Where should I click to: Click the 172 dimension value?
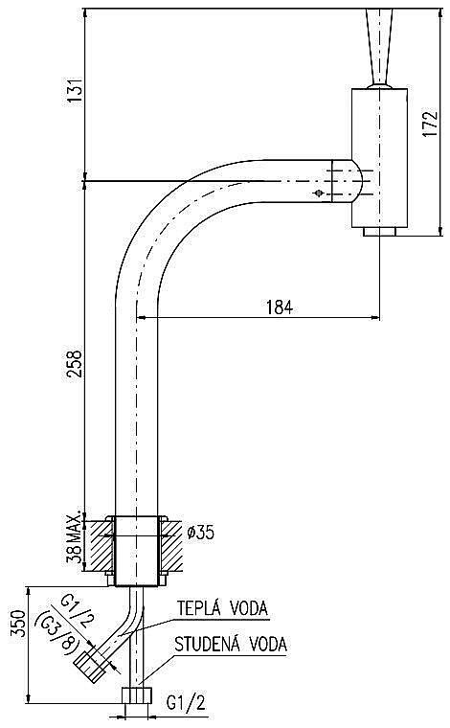pyautogui.click(x=430, y=123)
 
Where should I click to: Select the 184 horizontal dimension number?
pyautogui.click(x=280, y=307)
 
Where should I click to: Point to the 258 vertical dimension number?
pyautogui.click(x=75, y=365)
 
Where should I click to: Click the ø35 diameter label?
pyautogui.click(x=201, y=532)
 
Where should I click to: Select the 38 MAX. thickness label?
pyautogui.click(x=76, y=537)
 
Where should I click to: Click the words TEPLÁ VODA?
pyautogui.click(x=223, y=607)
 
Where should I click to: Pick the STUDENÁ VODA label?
pyautogui.click(x=230, y=644)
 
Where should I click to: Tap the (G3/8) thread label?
pyautogui.click(x=59, y=635)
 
